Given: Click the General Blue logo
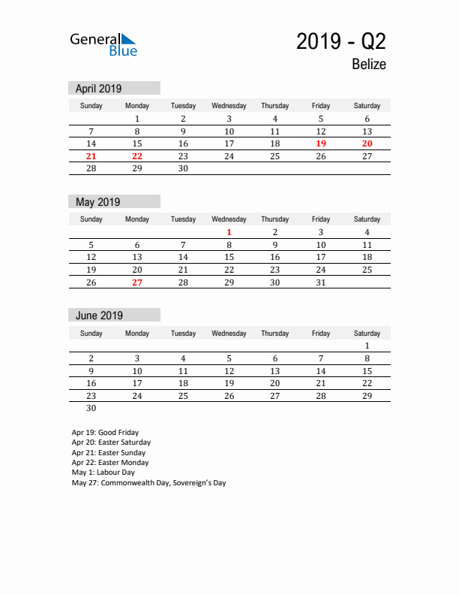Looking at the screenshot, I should (x=103, y=44).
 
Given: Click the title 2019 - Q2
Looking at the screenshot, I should (x=341, y=41).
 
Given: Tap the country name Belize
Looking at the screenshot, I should (x=368, y=65).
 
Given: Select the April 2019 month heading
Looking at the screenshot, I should (x=98, y=88).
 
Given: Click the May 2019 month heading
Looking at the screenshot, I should (x=97, y=201).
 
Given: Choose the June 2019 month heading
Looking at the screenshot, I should (x=99, y=316).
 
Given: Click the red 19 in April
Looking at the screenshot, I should (x=321, y=143).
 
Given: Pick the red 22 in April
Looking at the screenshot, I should (x=137, y=156).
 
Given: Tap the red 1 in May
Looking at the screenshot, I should (x=229, y=232).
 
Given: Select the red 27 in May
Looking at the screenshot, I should (x=137, y=282).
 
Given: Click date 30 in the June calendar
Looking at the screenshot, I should (x=91, y=409).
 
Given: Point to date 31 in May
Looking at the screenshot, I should (x=321, y=282).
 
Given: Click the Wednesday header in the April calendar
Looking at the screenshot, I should (x=229, y=106).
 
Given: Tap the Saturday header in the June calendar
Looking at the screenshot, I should (x=367, y=334).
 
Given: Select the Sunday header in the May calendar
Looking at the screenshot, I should (x=91, y=219).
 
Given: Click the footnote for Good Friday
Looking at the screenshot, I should (x=105, y=433).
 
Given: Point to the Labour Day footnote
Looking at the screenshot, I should (x=103, y=473).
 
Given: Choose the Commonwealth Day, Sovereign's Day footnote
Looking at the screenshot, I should (x=148, y=483).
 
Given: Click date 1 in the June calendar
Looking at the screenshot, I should (x=367, y=346).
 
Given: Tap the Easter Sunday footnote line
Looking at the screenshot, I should (x=109, y=453).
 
